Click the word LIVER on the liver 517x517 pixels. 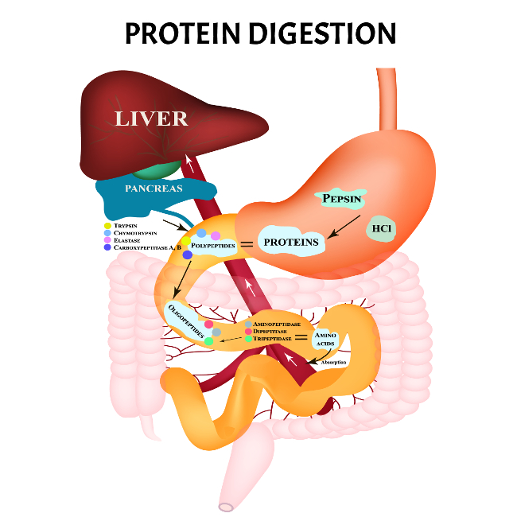tap(151, 119)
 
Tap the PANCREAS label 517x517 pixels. tap(154, 189)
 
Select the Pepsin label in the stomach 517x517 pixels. tap(341, 198)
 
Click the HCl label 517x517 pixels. tap(381, 230)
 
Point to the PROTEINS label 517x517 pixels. tap(291, 241)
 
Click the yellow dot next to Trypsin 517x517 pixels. tap(107, 226)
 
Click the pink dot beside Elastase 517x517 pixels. tap(107, 240)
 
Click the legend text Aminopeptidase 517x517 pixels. tap(276, 325)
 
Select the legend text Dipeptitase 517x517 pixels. tap(271, 332)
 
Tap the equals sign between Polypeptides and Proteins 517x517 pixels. tap(247, 244)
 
